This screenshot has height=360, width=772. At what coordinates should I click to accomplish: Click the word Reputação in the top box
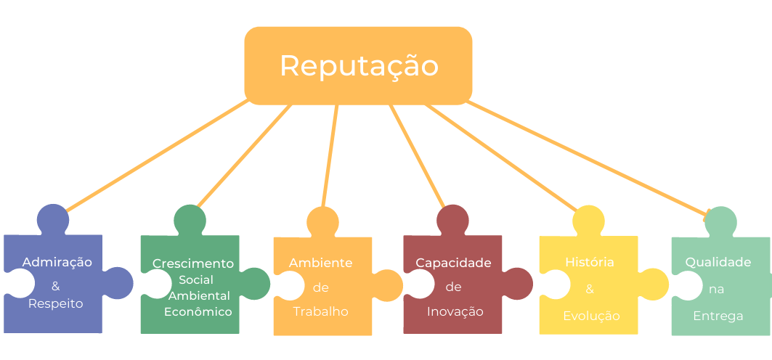(x=359, y=66)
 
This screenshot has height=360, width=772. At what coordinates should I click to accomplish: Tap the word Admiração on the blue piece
(x=57, y=262)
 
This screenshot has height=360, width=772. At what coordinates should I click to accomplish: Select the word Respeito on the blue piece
(x=56, y=304)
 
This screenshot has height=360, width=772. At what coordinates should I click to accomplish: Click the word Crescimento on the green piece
(x=193, y=263)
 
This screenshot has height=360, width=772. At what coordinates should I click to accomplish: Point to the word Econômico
(x=198, y=312)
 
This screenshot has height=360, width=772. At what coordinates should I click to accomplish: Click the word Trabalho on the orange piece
(x=320, y=312)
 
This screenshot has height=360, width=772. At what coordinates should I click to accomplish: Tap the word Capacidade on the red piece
(x=453, y=263)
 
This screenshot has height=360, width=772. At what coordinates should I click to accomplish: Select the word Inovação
(x=455, y=312)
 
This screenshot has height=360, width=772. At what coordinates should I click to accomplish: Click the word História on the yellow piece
(x=589, y=262)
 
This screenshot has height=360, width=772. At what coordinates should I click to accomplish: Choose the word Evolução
(x=591, y=316)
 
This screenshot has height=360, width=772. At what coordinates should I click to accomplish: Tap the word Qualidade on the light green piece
(x=718, y=263)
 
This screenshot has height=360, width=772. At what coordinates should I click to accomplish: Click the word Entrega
(x=718, y=316)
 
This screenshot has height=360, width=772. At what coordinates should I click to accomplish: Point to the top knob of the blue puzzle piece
(x=53, y=220)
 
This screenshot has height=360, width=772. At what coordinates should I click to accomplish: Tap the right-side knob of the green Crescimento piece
(x=254, y=284)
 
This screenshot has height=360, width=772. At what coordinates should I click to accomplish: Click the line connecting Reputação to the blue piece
(x=157, y=156)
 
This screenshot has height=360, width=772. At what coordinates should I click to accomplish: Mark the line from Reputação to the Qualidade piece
(x=588, y=158)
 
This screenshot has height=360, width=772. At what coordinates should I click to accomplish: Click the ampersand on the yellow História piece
(x=589, y=289)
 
